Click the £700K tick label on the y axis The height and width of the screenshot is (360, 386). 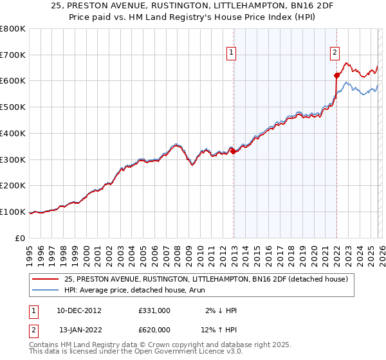point(12,55)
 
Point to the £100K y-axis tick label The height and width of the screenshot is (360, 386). point(12,212)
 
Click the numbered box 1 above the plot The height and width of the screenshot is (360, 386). point(231,54)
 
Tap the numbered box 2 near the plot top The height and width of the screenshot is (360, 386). point(335,54)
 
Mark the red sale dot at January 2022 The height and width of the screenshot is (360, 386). point(336,76)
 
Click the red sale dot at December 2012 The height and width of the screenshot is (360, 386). point(234,151)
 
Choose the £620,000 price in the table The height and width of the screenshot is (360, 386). point(154,330)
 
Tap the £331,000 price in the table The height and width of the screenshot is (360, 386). point(154,310)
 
